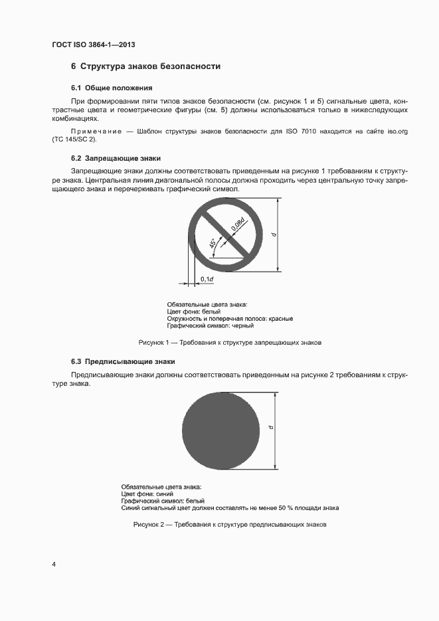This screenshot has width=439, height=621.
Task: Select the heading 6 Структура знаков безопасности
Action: pos(145,66)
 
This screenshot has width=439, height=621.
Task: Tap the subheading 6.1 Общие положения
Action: pos(112,88)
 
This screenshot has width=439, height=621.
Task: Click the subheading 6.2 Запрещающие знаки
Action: pos(116,158)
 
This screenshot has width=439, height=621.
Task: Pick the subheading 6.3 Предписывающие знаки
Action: pos(123,362)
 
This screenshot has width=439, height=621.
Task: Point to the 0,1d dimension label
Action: pos(207,279)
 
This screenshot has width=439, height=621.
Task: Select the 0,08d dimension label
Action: pos(237,224)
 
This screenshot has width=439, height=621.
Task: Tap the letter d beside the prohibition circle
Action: pos(273,234)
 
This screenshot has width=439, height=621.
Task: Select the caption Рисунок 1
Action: pos(230,343)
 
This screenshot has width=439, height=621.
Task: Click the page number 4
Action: pos(54,565)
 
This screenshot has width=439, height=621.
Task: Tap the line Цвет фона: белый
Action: pos(193,311)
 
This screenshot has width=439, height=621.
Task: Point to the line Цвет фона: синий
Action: pos(147,494)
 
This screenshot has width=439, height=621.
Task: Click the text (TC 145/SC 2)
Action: pos(74,140)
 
